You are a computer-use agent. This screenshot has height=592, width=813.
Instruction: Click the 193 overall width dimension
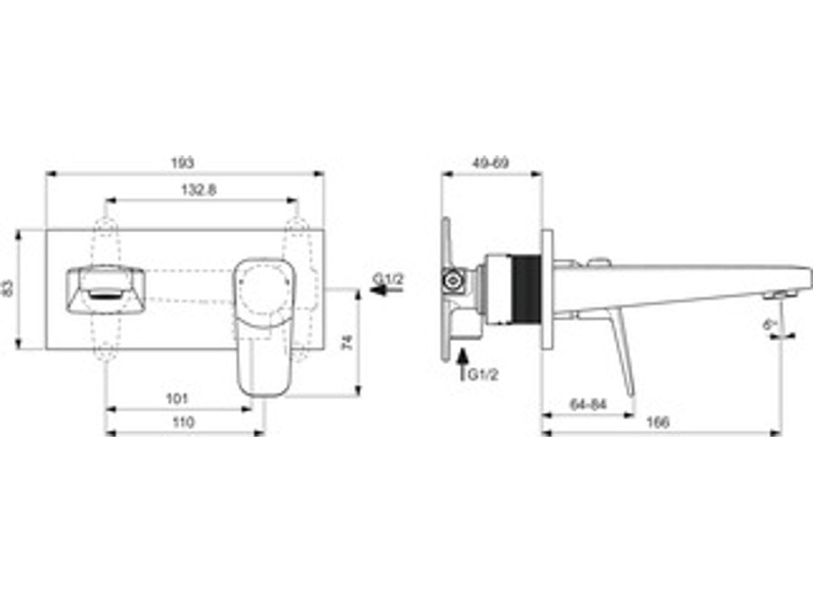click(183, 162)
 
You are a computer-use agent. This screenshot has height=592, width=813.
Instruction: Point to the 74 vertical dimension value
click(347, 342)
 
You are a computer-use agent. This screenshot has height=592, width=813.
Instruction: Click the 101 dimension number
click(177, 398)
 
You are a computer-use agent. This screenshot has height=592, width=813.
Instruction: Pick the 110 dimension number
click(183, 423)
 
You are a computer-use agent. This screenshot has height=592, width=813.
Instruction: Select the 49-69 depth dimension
click(491, 162)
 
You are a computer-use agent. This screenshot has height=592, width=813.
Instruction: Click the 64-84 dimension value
click(588, 404)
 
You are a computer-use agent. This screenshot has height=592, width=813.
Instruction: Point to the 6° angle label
click(770, 323)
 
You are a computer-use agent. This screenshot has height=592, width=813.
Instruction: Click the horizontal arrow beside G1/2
click(386, 291)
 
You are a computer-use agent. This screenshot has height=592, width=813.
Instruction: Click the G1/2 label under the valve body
click(483, 374)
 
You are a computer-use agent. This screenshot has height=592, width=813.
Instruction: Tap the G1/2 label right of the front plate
click(388, 278)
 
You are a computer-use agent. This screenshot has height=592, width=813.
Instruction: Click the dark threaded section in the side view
click(525, 289)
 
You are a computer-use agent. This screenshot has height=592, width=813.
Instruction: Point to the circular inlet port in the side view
click(451, 280)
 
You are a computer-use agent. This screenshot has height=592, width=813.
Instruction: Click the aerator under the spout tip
click(775, 296)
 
